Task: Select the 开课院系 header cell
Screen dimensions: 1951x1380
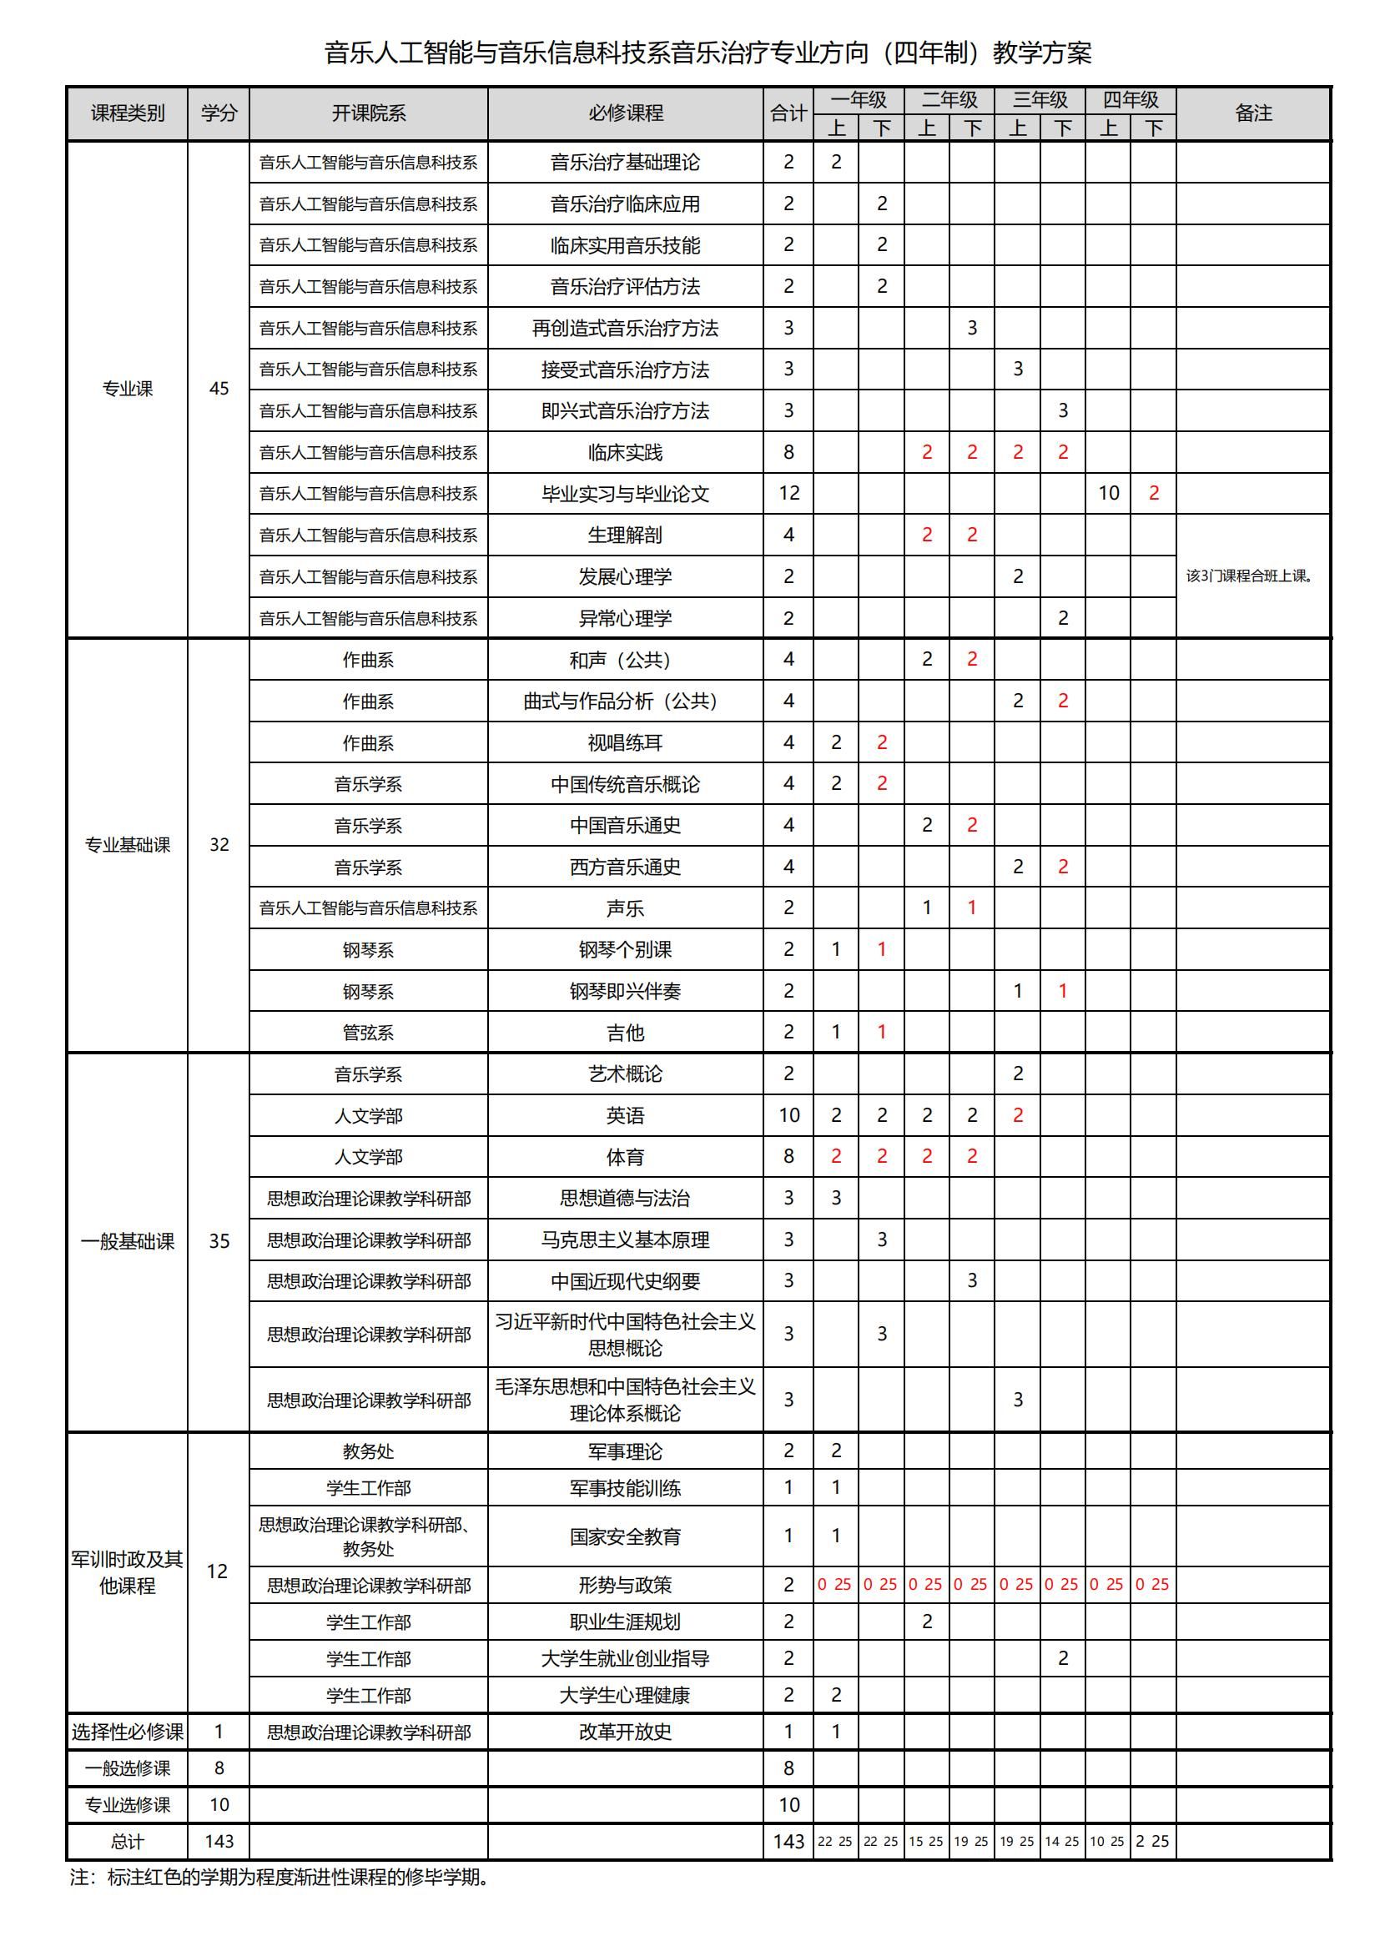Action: point(368,113)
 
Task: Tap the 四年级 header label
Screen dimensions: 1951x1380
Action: point(1131,99)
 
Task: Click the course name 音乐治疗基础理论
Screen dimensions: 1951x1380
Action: point(625,163)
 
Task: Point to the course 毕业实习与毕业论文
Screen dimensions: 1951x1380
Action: point(625,494)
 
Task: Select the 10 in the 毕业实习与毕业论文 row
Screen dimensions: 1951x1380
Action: point(1108,493)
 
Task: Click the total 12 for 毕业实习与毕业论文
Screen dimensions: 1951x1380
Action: point(788,493)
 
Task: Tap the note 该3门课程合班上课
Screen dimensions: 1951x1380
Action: point(1249,576)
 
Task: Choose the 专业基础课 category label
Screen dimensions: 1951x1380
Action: point(128,845)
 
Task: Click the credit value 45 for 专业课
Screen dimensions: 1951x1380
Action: point(219,389)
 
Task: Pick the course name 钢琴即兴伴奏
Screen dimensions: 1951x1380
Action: point(625,991)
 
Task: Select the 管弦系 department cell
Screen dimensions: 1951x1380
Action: point(368,1033)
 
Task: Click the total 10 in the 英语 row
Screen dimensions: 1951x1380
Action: point(788,1115)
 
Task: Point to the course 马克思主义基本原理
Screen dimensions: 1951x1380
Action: point(625,1239)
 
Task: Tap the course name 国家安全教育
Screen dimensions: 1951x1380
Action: point(625,1536)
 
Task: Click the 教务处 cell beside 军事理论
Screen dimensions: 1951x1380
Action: point(368,1451)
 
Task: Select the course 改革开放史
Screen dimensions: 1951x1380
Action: point(625,1732)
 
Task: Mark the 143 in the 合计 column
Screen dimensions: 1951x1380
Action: point(788,1842)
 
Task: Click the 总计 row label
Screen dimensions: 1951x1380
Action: point(128,1842)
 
